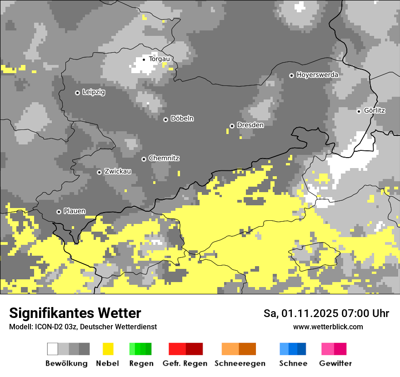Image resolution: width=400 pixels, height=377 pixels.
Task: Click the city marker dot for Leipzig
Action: point(77,93)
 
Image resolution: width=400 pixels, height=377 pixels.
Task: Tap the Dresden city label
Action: point(250,125)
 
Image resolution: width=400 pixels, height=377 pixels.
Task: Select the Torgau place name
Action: point(159,59)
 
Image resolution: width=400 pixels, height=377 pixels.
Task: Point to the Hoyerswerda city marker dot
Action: point(291,75)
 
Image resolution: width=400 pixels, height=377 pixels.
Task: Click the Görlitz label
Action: point(374,110)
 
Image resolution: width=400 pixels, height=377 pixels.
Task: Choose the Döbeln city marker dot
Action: point(165,119)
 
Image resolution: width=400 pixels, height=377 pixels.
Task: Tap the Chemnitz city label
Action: point(164,158)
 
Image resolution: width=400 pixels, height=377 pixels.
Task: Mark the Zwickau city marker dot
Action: point(99,172)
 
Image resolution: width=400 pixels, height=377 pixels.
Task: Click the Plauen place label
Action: point(74,211)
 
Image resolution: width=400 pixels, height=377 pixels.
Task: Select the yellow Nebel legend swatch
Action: point(108,349)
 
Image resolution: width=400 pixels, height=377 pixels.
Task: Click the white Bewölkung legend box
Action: point(53,349)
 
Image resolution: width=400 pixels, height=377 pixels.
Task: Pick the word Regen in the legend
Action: point(141,363)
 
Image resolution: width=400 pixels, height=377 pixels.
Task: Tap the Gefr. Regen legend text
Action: point(185,363)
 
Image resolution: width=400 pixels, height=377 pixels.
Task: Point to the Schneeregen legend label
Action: point(240,363)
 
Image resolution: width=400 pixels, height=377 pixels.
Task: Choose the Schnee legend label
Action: point(293,363)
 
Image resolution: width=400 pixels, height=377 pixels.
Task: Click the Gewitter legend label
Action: point(335,363)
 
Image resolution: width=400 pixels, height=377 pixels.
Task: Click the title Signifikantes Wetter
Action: point(75,313)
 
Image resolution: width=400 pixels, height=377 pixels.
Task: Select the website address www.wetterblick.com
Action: point(328,327)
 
